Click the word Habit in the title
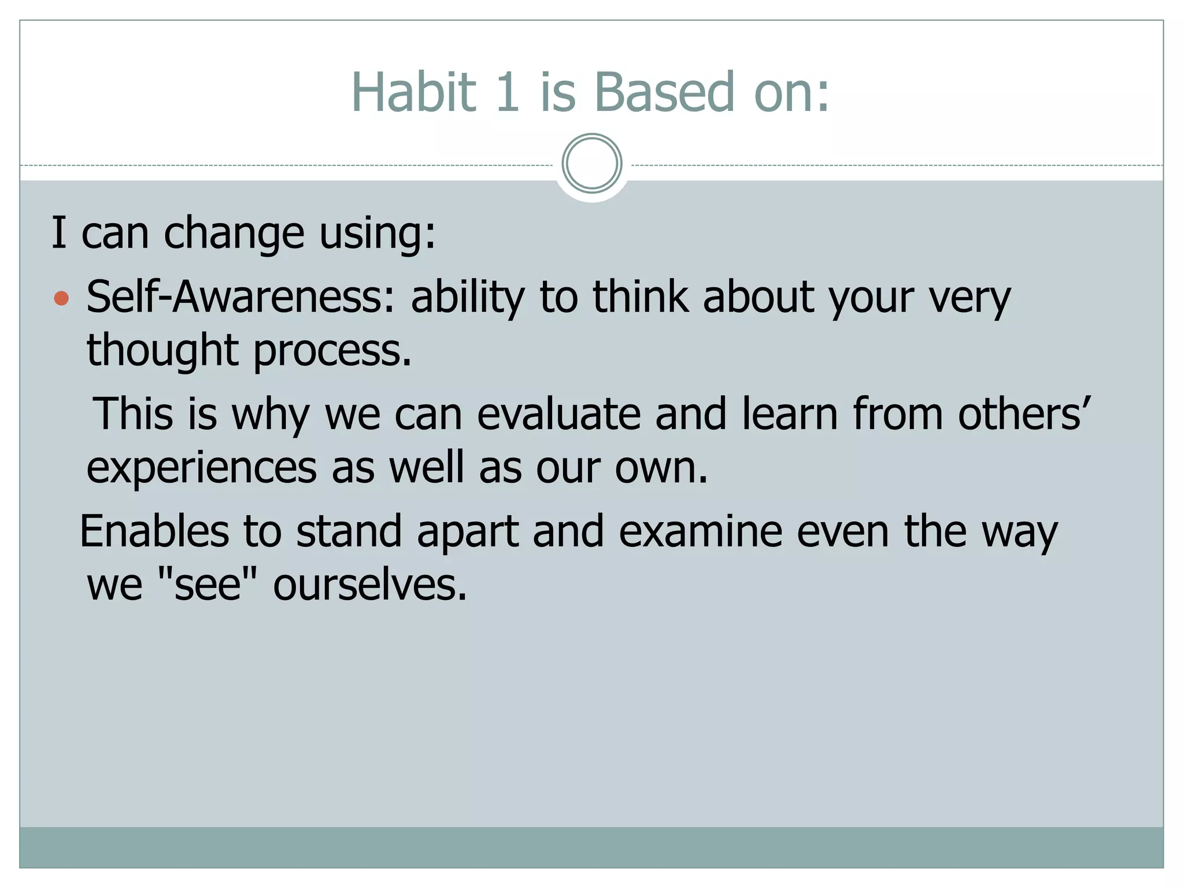click(x=413, y=92)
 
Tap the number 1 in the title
click(x=508, y=92)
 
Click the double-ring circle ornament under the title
click(x=591, y=164)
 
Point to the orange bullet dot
click(x=61, y=299)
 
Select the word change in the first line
click(x=234, y=234)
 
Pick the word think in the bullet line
click(x=641, y=297)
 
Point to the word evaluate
click(x=558, y=415)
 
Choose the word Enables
click(x=154, y=531)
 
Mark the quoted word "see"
click(x=206, y=585)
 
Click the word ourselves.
click(x=369, y=585)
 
